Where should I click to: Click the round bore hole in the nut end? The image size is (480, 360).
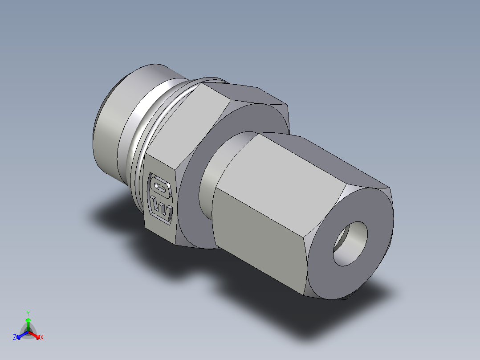(x=351, y=244)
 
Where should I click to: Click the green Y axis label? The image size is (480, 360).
(x=28, y=313)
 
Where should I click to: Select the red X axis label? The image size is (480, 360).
(x=42, y=337)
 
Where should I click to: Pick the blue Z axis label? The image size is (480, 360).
(x=15, y=337)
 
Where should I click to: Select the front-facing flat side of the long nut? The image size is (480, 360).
(x=258, y=223)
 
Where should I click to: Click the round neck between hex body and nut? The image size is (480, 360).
(x=209, y=178)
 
